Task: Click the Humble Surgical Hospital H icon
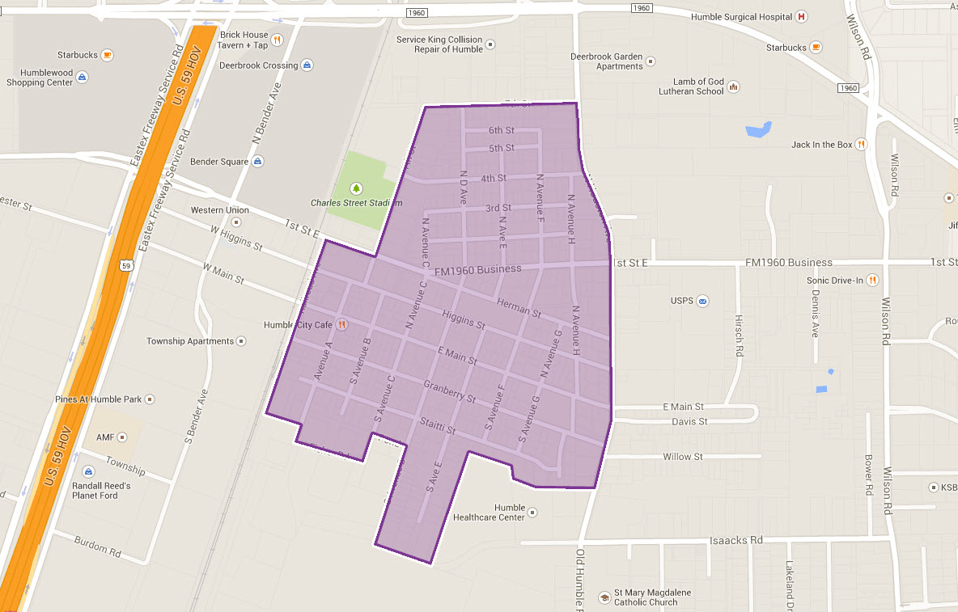[801, 16]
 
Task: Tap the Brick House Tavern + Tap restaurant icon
[277, 39]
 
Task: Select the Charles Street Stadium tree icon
[355, 188]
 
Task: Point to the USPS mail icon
[702, 301]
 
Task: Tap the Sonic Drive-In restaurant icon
[871, 280]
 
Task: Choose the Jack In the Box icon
[861, 145]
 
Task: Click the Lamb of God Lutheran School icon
[733, 86]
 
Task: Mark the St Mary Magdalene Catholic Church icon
[603, 597]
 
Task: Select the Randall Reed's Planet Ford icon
[87, 471]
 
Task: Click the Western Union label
[219, 210]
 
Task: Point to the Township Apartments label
[189, 341]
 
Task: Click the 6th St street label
[501, 130]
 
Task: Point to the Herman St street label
[519, 310]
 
